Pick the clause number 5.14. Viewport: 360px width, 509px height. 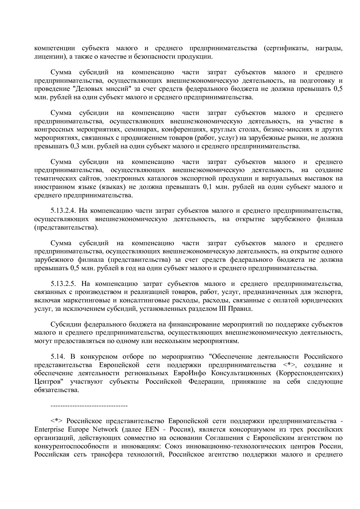point(57,356)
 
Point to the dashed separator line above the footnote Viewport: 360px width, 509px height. point(89,405)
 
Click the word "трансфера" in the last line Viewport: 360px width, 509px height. point(107,454)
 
